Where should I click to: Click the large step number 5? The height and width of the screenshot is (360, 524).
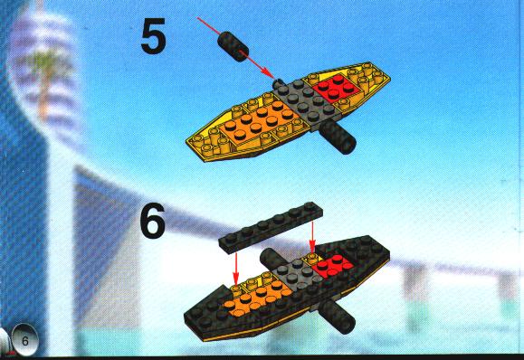pos(153,36)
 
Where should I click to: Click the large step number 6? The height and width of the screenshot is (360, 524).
pos(153,220)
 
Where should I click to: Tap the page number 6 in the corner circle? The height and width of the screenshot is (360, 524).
pos(25,341)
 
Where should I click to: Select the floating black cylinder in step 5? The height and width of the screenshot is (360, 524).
pos(233,46)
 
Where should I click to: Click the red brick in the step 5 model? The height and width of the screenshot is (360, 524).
pos(336,87)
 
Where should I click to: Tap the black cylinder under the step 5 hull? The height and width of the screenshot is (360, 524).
pos(338,137)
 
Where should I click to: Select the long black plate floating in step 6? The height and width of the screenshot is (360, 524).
pos(271,227)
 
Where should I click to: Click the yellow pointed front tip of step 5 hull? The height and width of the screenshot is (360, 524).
pos(188,141)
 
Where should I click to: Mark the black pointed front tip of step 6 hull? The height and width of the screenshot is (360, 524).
pos(186,316)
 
